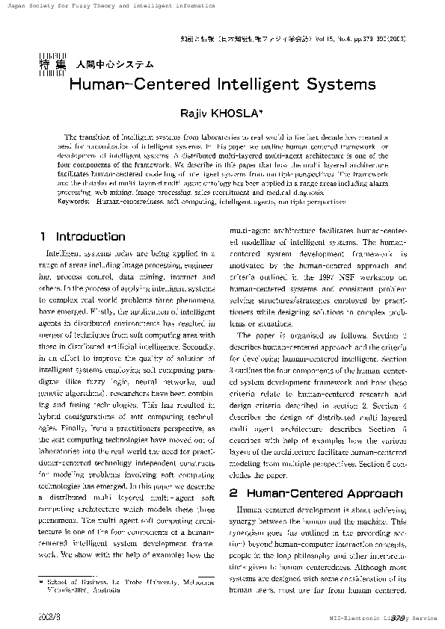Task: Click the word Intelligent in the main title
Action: pyautogui.click(x=249, y=83)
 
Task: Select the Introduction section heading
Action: pyautogui.click(x=90, y=236)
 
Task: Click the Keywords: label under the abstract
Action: pyautogui.click(x=73, y=202)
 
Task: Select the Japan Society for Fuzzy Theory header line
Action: pyautogui.click(x=109, y=5)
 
